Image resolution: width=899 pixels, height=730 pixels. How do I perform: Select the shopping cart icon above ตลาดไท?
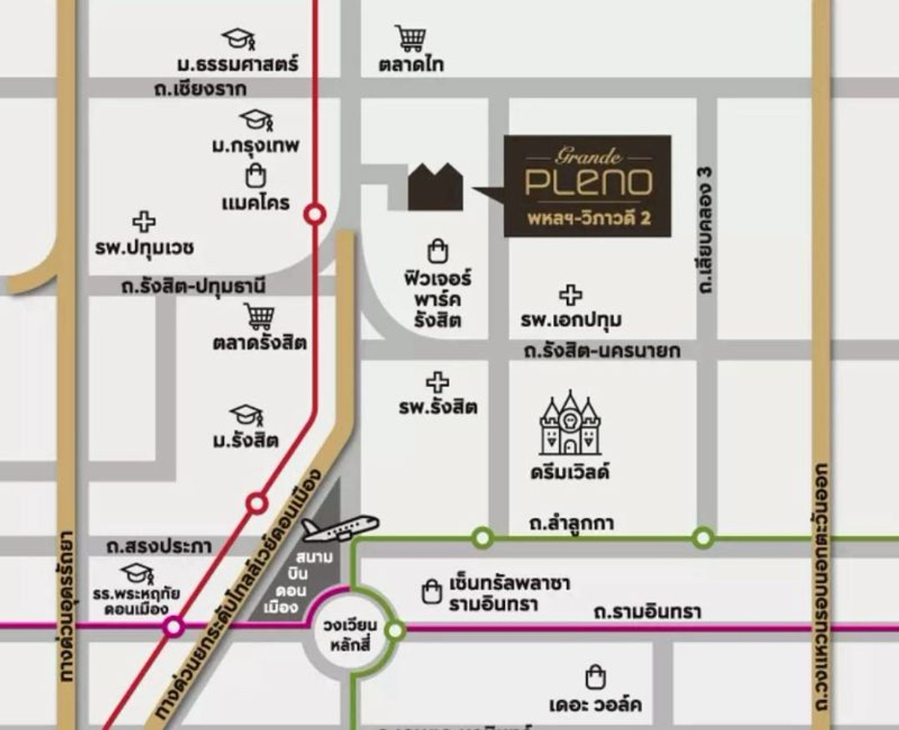(411, 37)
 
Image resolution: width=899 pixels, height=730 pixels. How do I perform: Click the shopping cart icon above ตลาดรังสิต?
(259, 317)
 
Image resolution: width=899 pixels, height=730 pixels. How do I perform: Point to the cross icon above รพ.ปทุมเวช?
(144, 222)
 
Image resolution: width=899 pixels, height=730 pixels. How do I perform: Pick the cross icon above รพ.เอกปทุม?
(571, 296)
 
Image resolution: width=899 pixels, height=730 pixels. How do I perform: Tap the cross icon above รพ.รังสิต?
(438, 383)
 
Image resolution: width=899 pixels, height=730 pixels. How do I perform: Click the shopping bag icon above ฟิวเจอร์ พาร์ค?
(436, 251)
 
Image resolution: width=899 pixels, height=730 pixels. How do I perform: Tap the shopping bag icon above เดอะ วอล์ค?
(595, 678)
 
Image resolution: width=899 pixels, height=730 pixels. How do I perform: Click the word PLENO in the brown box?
(587, 182)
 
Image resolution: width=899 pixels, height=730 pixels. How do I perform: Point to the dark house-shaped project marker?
(435, 187)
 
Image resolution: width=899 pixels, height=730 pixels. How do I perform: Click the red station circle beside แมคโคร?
(315, 215)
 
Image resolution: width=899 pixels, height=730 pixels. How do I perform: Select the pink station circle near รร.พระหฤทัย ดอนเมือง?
(174, 626)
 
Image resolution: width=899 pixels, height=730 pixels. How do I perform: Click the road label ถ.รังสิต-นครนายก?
(602, 350)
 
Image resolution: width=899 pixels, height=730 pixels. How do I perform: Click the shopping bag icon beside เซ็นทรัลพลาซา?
(431, 591)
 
